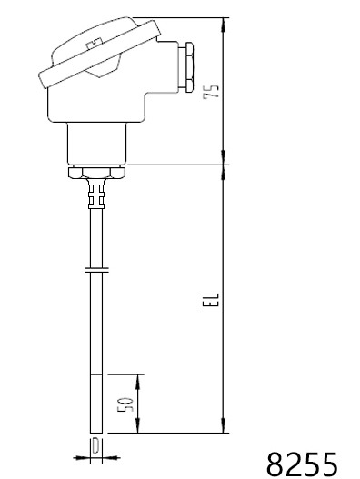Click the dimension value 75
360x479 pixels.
pos(211,91)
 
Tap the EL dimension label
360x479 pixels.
pos(211,300)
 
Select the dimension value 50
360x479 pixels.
pos(125,404)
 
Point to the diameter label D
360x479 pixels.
pos(95,446)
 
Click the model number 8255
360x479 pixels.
pos(302,464)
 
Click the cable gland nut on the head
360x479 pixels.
pos(187,67)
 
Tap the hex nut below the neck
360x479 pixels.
pos(96,172)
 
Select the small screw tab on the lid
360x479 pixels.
pos(95,44)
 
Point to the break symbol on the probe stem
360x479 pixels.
pos(96,269)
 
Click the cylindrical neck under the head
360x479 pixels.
pos(96,144)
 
